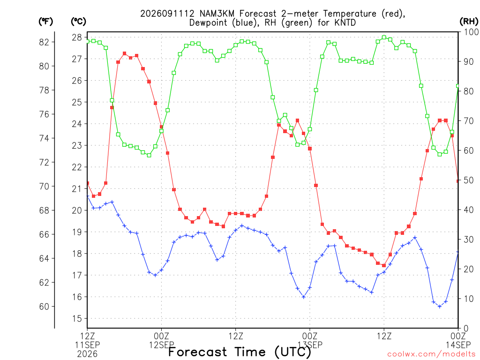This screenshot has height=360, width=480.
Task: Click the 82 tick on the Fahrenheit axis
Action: point(45,42)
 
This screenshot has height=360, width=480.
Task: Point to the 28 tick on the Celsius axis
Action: point(77,37)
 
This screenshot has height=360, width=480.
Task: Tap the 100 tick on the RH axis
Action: point(471,32)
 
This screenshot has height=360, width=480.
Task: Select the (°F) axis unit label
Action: point(45,22)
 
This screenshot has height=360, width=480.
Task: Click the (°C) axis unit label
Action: point(78,22)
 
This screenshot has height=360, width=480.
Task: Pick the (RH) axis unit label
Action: point(469,22)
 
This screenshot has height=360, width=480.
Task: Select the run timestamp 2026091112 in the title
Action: point(167,14)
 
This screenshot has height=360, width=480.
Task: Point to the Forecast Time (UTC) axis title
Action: point(240,352)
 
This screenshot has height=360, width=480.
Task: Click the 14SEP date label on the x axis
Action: point(458,345)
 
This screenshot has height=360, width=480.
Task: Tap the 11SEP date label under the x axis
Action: point(88,345)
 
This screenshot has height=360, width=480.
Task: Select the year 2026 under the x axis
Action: point(88,354)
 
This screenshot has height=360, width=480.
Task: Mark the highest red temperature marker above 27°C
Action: point(125,53)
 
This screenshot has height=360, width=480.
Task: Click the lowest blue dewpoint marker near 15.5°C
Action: point(440,307)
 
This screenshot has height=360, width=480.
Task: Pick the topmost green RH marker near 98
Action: point(384,37)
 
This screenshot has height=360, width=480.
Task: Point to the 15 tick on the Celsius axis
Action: point(77,319)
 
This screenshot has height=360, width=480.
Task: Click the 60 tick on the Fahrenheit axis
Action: point(45,307)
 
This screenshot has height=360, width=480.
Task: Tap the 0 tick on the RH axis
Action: point(466,329)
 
